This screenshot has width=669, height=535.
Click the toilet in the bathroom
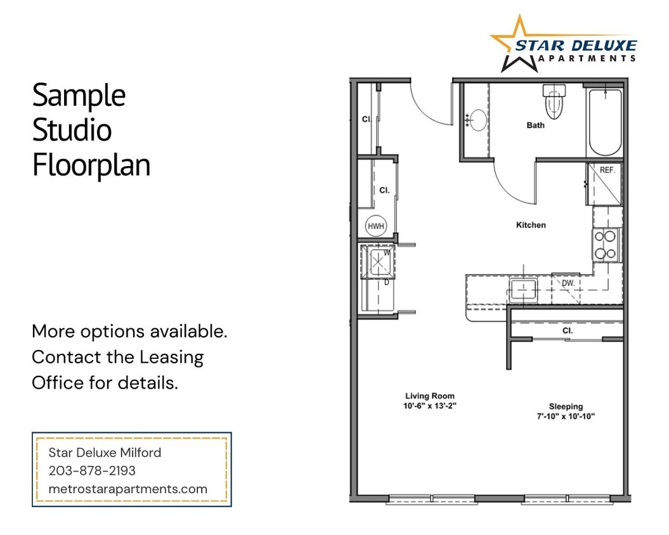[554, 102]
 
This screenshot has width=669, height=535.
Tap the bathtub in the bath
[604, 122]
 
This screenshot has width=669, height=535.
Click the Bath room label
[535, 126]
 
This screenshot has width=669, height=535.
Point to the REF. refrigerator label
[607, 171]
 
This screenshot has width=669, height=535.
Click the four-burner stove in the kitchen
[606, 245]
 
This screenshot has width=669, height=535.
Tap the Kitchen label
[531, 225]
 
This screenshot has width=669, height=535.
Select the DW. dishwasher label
[568, 283]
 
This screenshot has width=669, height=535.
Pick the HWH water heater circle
[375, 226]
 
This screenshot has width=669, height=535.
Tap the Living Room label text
[430, 396]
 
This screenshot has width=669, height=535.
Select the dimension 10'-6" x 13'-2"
[430, 406]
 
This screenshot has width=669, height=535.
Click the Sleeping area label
[566, 406]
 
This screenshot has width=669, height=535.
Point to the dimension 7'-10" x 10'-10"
[566, 416]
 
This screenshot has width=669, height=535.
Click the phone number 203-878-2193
[92, 471]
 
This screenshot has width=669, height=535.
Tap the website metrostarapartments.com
[128, 489]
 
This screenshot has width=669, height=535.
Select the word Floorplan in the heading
[91, 165]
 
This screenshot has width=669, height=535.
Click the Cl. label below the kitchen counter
[567, 330]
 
